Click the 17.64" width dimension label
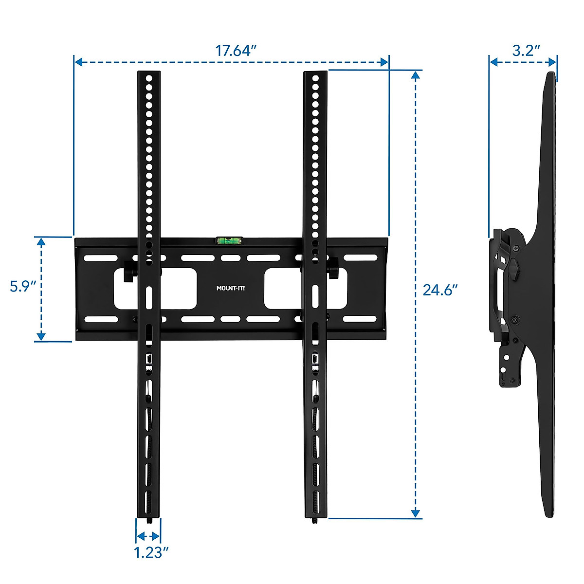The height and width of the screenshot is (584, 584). coord(236,51)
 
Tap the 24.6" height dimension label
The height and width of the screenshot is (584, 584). coord(440,290)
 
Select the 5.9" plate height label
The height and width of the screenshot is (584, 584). coord(24,286)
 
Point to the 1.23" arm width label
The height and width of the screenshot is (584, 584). coord(151,552)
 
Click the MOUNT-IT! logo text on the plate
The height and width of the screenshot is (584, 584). coord(231,288)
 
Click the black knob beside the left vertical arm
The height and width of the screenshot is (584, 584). coord(129,271)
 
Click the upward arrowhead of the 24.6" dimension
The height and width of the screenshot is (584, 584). coord(415,75)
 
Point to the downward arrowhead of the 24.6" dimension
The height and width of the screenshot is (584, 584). coord(415,513)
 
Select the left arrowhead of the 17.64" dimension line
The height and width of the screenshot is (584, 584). coord(78,62)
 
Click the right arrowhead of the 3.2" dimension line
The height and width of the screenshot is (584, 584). coord(553,62)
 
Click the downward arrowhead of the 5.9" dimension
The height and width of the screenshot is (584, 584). coord(41,336)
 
